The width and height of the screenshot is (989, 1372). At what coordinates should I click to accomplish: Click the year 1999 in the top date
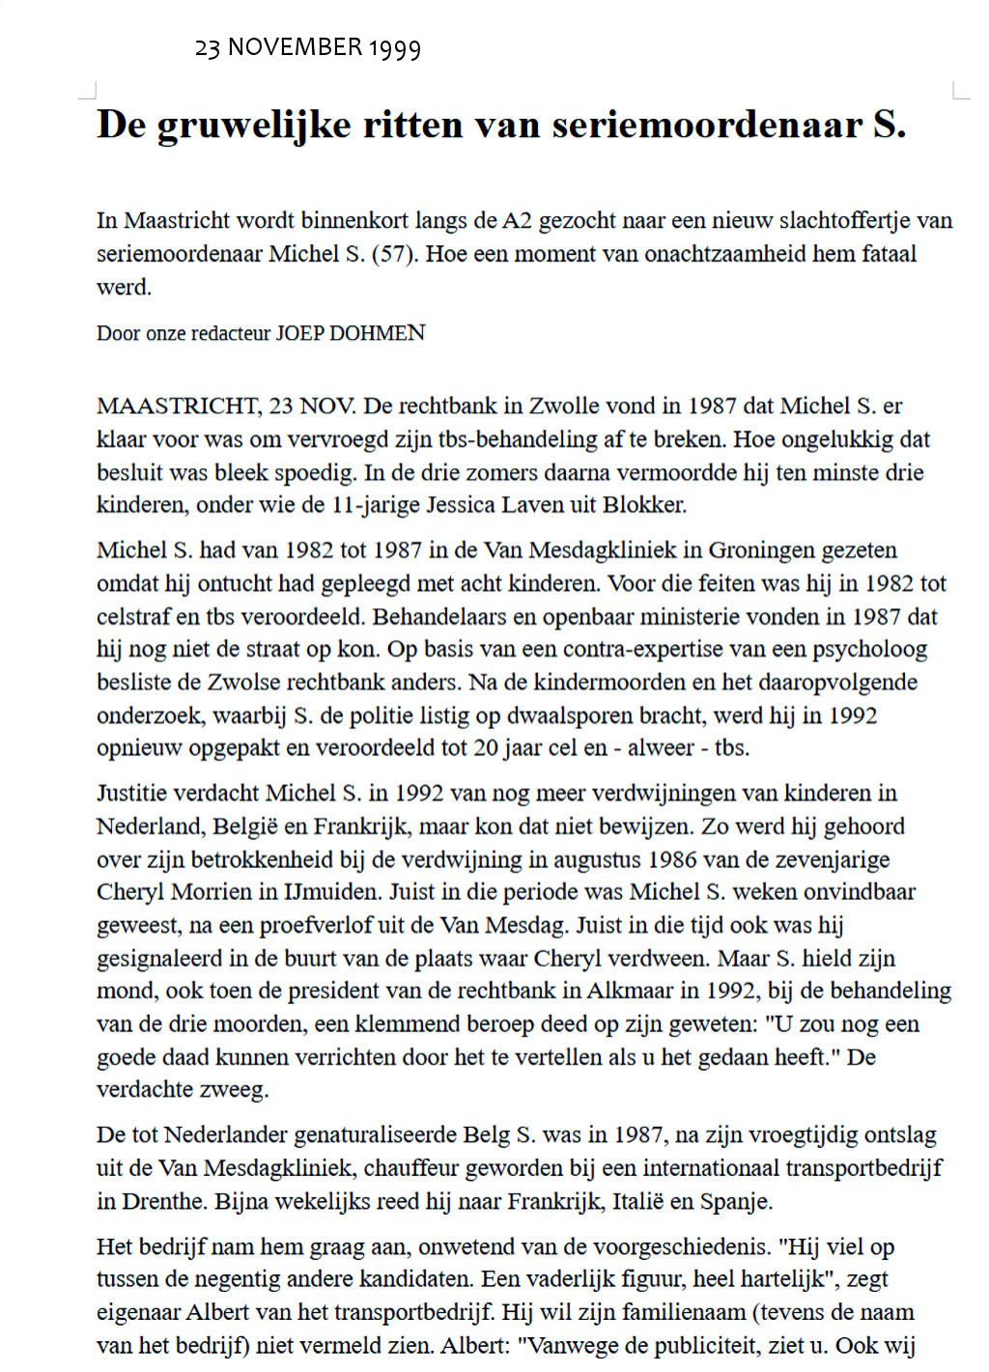[394, 47]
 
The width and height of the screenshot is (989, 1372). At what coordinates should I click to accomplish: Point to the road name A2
[517, 220]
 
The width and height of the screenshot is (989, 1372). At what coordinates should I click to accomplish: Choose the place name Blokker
[644, 505]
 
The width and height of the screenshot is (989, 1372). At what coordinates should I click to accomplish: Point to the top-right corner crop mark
[960, 92]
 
